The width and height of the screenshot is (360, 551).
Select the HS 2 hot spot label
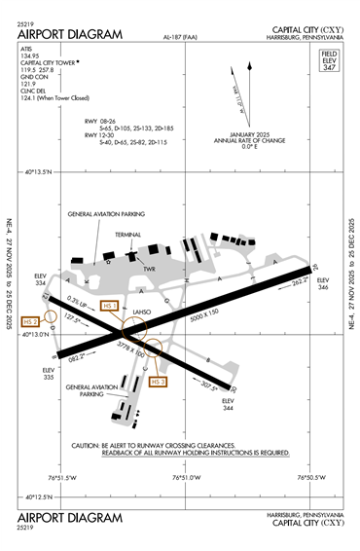30,320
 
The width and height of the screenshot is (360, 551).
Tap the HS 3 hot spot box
159,382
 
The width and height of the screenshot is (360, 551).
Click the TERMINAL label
128,234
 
